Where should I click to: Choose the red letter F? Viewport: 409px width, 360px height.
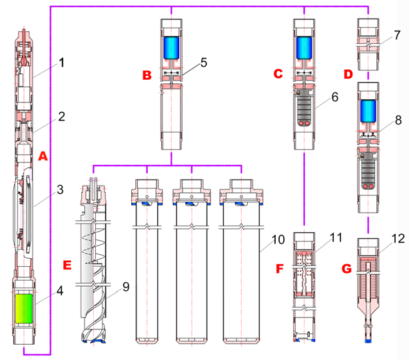coord(278,270)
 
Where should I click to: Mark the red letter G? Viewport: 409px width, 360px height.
coord(346,269)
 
